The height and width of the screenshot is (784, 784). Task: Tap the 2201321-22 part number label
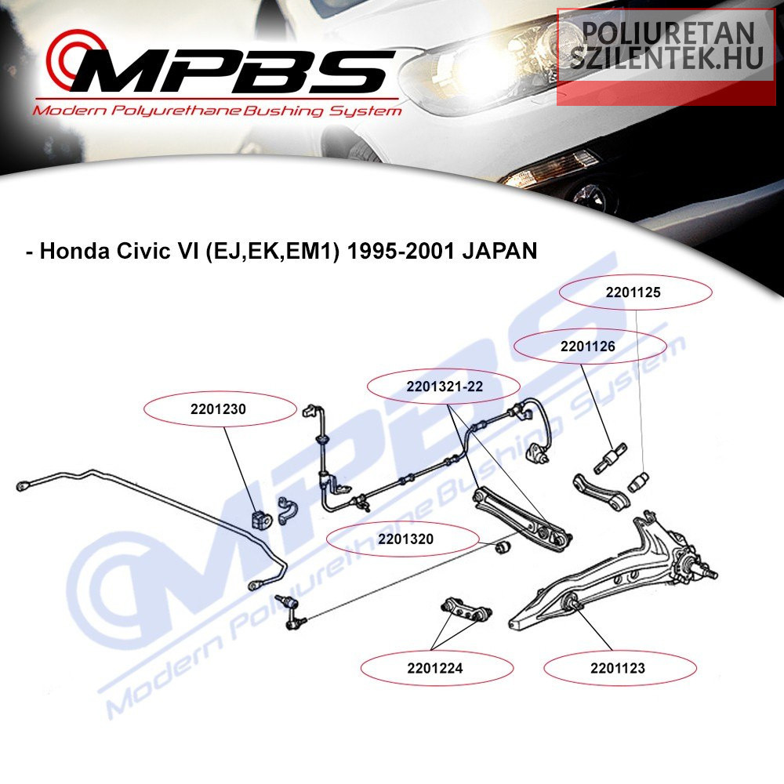tap(444, 387)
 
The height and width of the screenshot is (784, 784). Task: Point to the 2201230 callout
tap(219, 408)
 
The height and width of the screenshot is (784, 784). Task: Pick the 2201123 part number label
tap(618, 669)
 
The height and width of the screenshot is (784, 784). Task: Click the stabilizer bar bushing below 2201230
tap(259, 518)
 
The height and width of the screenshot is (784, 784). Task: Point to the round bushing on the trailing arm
tap(572, 602)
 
